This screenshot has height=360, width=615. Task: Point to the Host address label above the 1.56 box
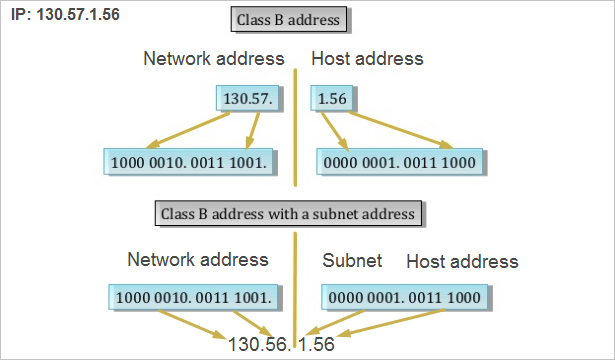[x=367, y=59]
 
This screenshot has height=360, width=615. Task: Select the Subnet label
[x=352, y=261]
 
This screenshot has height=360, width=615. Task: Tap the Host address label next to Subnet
[x=462, y=261]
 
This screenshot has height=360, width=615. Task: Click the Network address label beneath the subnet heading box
[x=198, y=259]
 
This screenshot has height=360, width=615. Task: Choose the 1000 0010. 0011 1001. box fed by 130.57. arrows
[x=191, y=160]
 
